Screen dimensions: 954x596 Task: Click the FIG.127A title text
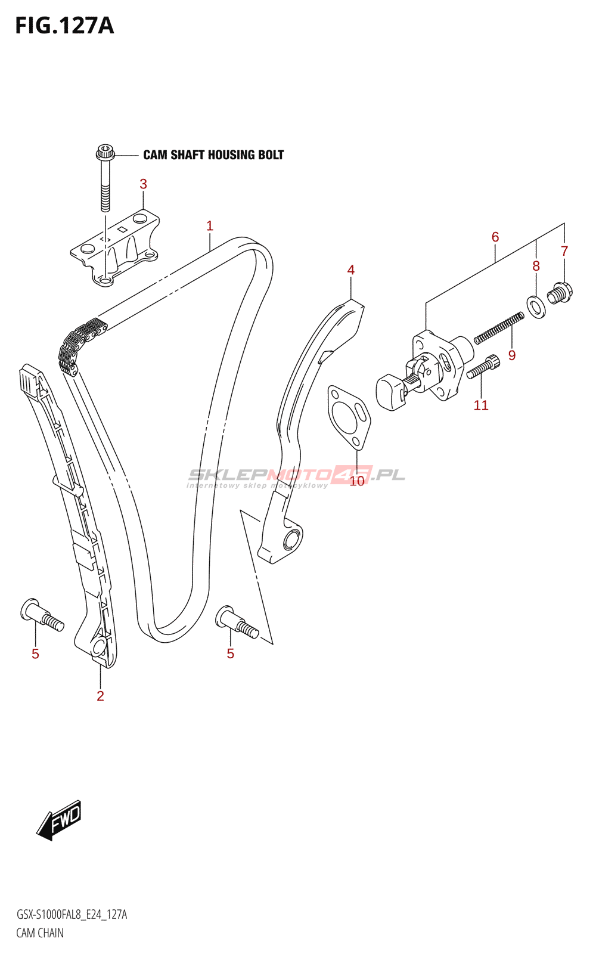64,26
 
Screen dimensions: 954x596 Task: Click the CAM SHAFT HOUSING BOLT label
213,155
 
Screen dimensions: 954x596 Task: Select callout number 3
143,184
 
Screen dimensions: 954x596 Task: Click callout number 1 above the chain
210,226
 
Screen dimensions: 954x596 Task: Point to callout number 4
351,270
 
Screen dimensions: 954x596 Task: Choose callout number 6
495,237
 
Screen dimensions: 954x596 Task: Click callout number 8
536,266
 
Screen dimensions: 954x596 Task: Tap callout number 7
564,252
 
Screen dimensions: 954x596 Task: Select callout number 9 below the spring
512,355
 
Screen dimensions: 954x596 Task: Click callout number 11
481,405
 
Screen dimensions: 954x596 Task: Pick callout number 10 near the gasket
357,481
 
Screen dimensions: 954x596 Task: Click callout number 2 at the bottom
100,696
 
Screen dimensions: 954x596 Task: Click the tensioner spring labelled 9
499,329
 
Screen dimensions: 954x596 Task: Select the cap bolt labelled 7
560,293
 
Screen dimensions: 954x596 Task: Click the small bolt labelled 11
483,367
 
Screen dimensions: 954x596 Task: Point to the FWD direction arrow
58,820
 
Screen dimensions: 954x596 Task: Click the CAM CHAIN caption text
40,933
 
